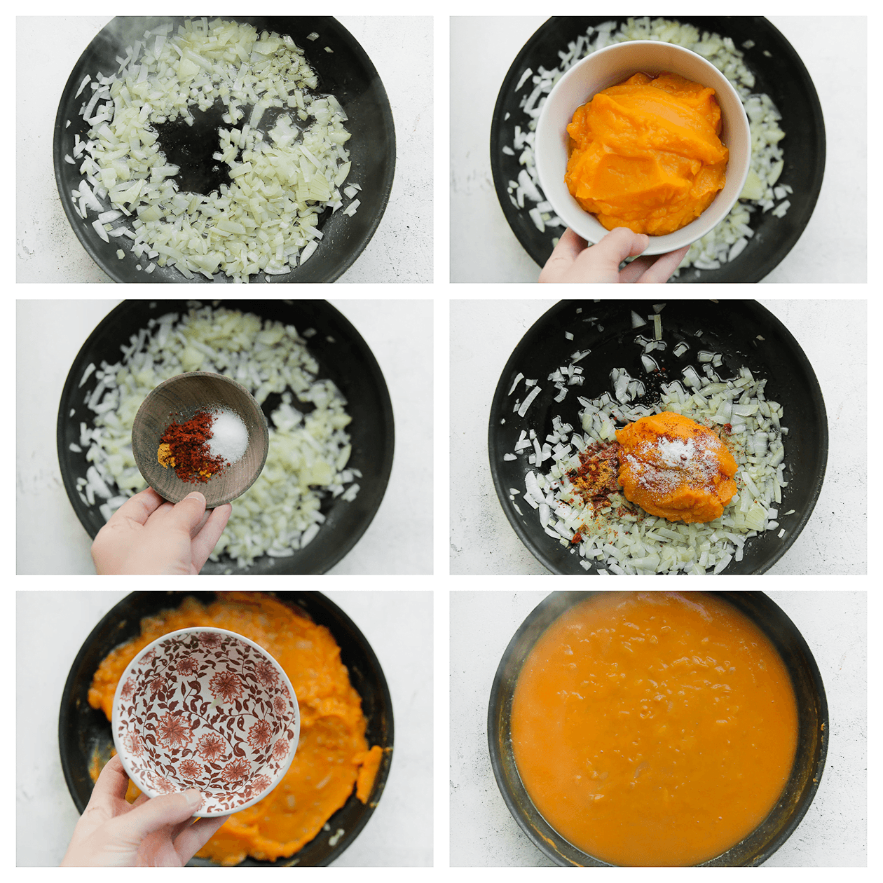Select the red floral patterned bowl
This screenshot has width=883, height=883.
click(207, 722)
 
